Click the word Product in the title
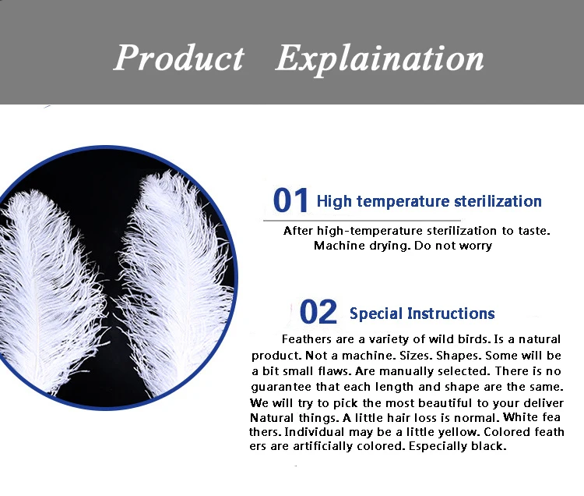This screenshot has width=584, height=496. [179, 58]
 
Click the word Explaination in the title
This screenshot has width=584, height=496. [379, 60]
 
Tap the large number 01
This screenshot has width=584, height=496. [290, 200]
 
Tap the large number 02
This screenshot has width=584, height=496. [318, 312]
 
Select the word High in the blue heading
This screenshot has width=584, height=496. [334, 202]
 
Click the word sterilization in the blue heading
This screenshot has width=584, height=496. [498, 201]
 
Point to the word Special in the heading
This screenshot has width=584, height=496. [376, 314]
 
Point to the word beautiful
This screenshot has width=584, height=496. [445, 403]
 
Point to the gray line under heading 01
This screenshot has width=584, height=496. [361, 221]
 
